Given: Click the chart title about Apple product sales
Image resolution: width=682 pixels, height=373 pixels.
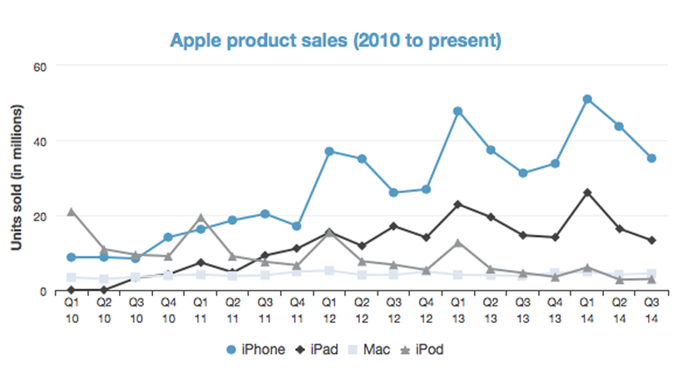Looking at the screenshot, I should pyautogui.click(x=336, y=39).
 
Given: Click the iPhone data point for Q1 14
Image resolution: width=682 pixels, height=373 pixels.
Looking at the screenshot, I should pyautogui.click(x=587, y=99).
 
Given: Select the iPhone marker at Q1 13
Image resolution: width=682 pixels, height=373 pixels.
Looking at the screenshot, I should pyautogui.click(x=457, y=111).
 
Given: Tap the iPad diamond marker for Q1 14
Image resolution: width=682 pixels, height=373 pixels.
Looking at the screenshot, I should pyautogui.click(x=587, y=192).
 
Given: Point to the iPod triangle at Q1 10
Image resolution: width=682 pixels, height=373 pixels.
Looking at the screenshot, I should pyautogui.click(x=72, y=211).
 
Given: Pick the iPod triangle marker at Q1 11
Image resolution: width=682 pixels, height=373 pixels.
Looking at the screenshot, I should pyautogui.click(x=201, y=217).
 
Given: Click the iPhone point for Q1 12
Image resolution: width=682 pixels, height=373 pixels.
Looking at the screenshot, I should pyautogui.click(x=329, y=152).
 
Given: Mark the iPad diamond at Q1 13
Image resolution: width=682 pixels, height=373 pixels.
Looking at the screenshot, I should pyautogui.click(x=457, y=204).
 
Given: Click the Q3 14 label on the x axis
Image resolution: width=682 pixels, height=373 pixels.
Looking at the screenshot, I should pyautogui.click(x=651, y=311).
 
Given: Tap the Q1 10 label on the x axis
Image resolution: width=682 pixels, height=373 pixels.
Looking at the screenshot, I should pyautogui.click(x=72, y=311).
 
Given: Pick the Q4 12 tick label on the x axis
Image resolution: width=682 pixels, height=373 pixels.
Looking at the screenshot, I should pyautogui.click(x=426, y=311).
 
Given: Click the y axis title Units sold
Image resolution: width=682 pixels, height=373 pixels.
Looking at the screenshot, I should pyautogui.click(x=15, y=178).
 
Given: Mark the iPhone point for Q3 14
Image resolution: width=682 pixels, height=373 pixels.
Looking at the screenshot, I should pyautogui.click(x=651, y=158).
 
